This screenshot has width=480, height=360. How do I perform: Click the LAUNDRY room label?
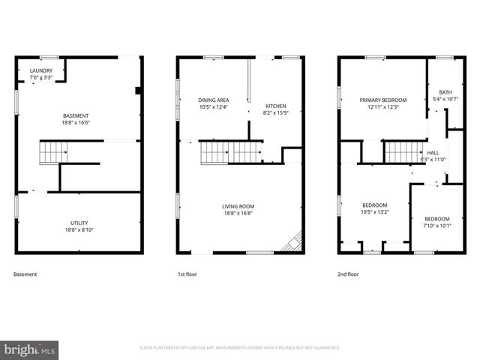[41, 71]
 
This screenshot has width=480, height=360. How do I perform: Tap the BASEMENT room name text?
[76, 115]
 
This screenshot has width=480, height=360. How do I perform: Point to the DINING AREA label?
[213, 100]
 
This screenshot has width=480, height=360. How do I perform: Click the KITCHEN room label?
[275, 106]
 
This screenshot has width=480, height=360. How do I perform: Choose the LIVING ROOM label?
[238, 206]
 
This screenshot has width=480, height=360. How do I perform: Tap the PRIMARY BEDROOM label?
[382, 100]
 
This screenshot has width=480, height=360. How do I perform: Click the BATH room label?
[445, 92]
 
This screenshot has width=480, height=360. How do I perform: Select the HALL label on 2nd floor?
[433, 152]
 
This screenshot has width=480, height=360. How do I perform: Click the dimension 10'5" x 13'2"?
[375, 211]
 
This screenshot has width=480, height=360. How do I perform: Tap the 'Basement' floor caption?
[25, 274]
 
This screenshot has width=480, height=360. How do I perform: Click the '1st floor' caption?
[187, 274]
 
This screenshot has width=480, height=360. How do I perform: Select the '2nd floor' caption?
[348, 274]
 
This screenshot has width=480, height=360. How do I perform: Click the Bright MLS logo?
[30, 349]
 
